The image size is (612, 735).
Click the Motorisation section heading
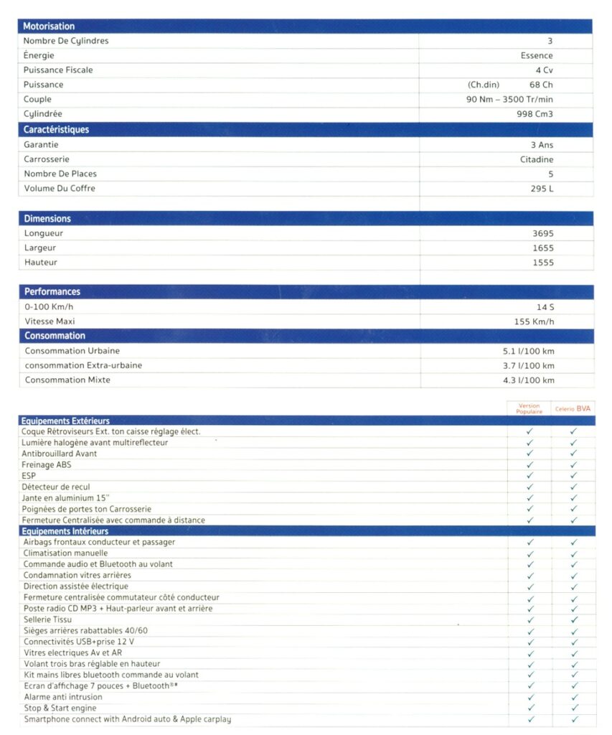click(x=49, y=27)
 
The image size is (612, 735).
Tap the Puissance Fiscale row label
click(x=58, y=70)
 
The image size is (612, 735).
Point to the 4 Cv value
click(x=543, y=70)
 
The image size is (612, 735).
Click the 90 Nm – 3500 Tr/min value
click(x=509, y=100)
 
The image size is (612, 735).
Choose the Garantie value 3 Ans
click(x=542, y=145)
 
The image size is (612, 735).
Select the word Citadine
click(x=536, y=159)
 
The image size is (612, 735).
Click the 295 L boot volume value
click(x=542, y=189)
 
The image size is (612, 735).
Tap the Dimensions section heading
click(x=47, y=219)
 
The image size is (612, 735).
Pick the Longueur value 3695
click(x=543, y=233)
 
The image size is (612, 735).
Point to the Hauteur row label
click(x=41, y=263)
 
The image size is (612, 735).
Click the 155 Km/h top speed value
click(x=534, y=322)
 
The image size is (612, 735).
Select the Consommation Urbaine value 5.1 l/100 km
click(x=528, y=351)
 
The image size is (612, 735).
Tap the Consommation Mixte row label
click(x=67, y=380)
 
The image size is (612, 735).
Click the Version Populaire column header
click(x=529, y=408)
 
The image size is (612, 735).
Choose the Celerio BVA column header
click(x=573, y=409)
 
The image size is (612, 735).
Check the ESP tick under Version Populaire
click(x=529, y=475)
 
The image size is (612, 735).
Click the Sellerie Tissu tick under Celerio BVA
click(x=573, y=619)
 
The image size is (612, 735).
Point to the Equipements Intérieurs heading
click(x=65, y=531)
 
